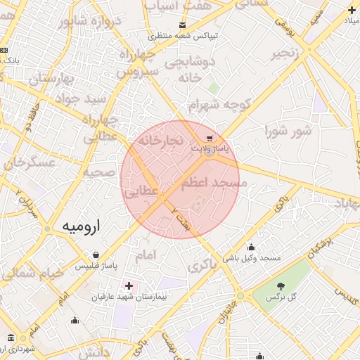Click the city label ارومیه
(x=82, y=226)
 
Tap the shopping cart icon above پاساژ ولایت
(x=208, y=137)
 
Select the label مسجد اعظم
(x=214, y=184)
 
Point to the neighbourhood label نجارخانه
(x=160, y=141)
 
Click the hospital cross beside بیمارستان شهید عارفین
(x=128, y=285)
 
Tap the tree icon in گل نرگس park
(x=281, y=286)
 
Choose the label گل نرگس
(x=281, y=299)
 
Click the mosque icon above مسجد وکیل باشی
(x=252, y=247)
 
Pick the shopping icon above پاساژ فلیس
(x=96, y=255)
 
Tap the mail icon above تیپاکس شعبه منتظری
(x=183, y=24)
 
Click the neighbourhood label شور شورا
(x=288, y=131)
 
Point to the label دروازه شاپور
(x=90, y=20)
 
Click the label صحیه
(x=99, y=172)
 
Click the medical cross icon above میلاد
(x=352, y=10)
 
